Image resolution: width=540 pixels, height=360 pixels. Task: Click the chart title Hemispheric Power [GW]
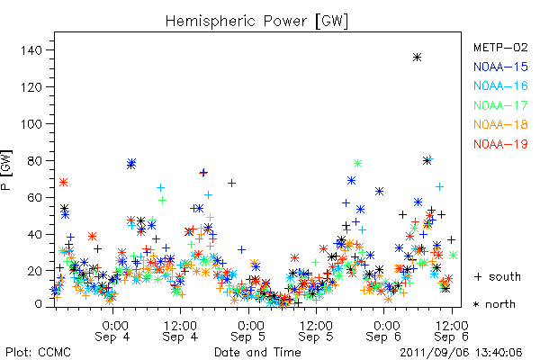pos(256,22)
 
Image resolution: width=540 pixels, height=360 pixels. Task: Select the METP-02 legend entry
pos(500,47)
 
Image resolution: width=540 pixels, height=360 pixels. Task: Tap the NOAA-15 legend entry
pos(500,67)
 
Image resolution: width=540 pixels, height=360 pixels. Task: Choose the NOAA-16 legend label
pos(500,85)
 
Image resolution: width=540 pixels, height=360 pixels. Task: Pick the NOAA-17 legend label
pos(500,105)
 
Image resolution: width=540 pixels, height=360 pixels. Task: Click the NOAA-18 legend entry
pos(500,124)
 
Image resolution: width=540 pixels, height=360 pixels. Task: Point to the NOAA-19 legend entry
pos(500,144)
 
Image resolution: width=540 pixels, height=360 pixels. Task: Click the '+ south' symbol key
pos(498,276)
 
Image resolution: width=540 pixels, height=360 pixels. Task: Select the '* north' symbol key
pos(494,304)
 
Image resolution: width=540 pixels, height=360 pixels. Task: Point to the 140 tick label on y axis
pos(31,50)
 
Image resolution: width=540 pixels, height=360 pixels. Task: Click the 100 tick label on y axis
pos(31,124)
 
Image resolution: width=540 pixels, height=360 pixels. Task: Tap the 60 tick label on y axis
pos(34,198)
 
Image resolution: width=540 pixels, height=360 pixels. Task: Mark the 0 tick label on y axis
pos(39,304)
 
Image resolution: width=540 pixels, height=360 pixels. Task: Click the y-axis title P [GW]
pos(6,170)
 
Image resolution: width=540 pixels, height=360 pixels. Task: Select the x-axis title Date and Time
pos(257,352)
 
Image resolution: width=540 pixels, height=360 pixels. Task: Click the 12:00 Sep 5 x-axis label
pos(316,331)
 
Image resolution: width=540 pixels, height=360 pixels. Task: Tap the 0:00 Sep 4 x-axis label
pos(112,331)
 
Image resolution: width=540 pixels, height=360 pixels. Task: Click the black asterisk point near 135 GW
pos(417,58)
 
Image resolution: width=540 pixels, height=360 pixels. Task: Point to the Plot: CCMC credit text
pos(38,353)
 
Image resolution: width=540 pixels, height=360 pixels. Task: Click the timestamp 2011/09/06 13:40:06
pos(461,353)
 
